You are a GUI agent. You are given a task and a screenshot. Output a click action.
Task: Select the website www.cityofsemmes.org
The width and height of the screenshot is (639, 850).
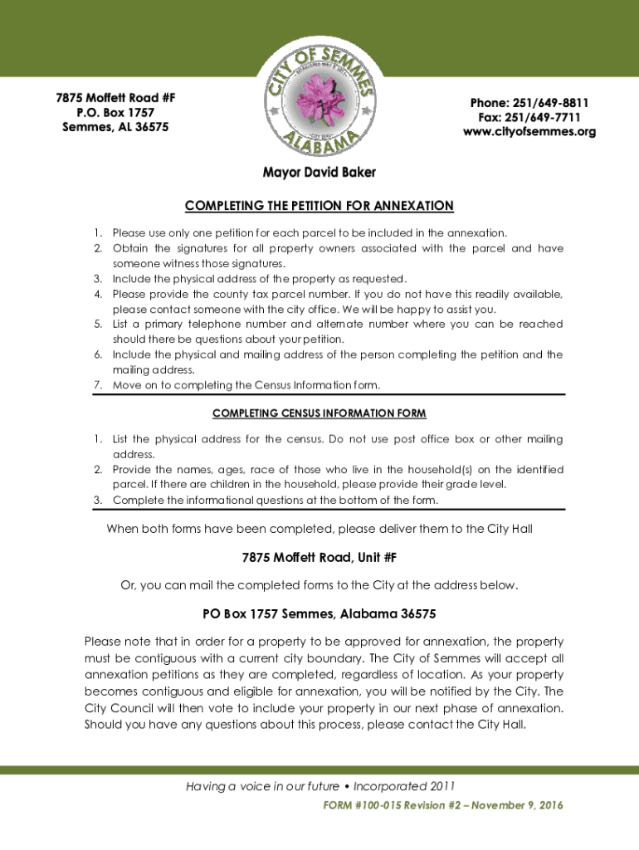[x=529, y=132]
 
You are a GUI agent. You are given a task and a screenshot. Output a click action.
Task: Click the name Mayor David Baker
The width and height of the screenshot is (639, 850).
[x=319, y=173]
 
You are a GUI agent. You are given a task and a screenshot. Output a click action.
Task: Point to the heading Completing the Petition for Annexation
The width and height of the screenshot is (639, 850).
[x=319, y=206]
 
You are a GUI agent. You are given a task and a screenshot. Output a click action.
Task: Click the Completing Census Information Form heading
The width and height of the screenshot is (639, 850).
[x=319, y=413]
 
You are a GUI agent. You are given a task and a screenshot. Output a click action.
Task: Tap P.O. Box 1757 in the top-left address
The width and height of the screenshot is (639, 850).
[x=115, y=112]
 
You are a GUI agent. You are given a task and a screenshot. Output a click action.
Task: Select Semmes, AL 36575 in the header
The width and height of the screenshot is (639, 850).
[x=115, y=127]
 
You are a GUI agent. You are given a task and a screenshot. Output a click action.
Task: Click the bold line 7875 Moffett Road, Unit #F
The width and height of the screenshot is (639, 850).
[x=319, y=558]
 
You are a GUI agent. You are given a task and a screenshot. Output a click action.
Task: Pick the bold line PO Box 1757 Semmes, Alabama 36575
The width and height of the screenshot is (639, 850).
[x=319, y=614]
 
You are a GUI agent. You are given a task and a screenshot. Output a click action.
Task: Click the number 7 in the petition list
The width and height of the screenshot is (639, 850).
[x=96, y=384]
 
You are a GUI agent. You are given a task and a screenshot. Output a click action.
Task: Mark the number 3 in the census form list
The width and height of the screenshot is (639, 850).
[x=96, y=500]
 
